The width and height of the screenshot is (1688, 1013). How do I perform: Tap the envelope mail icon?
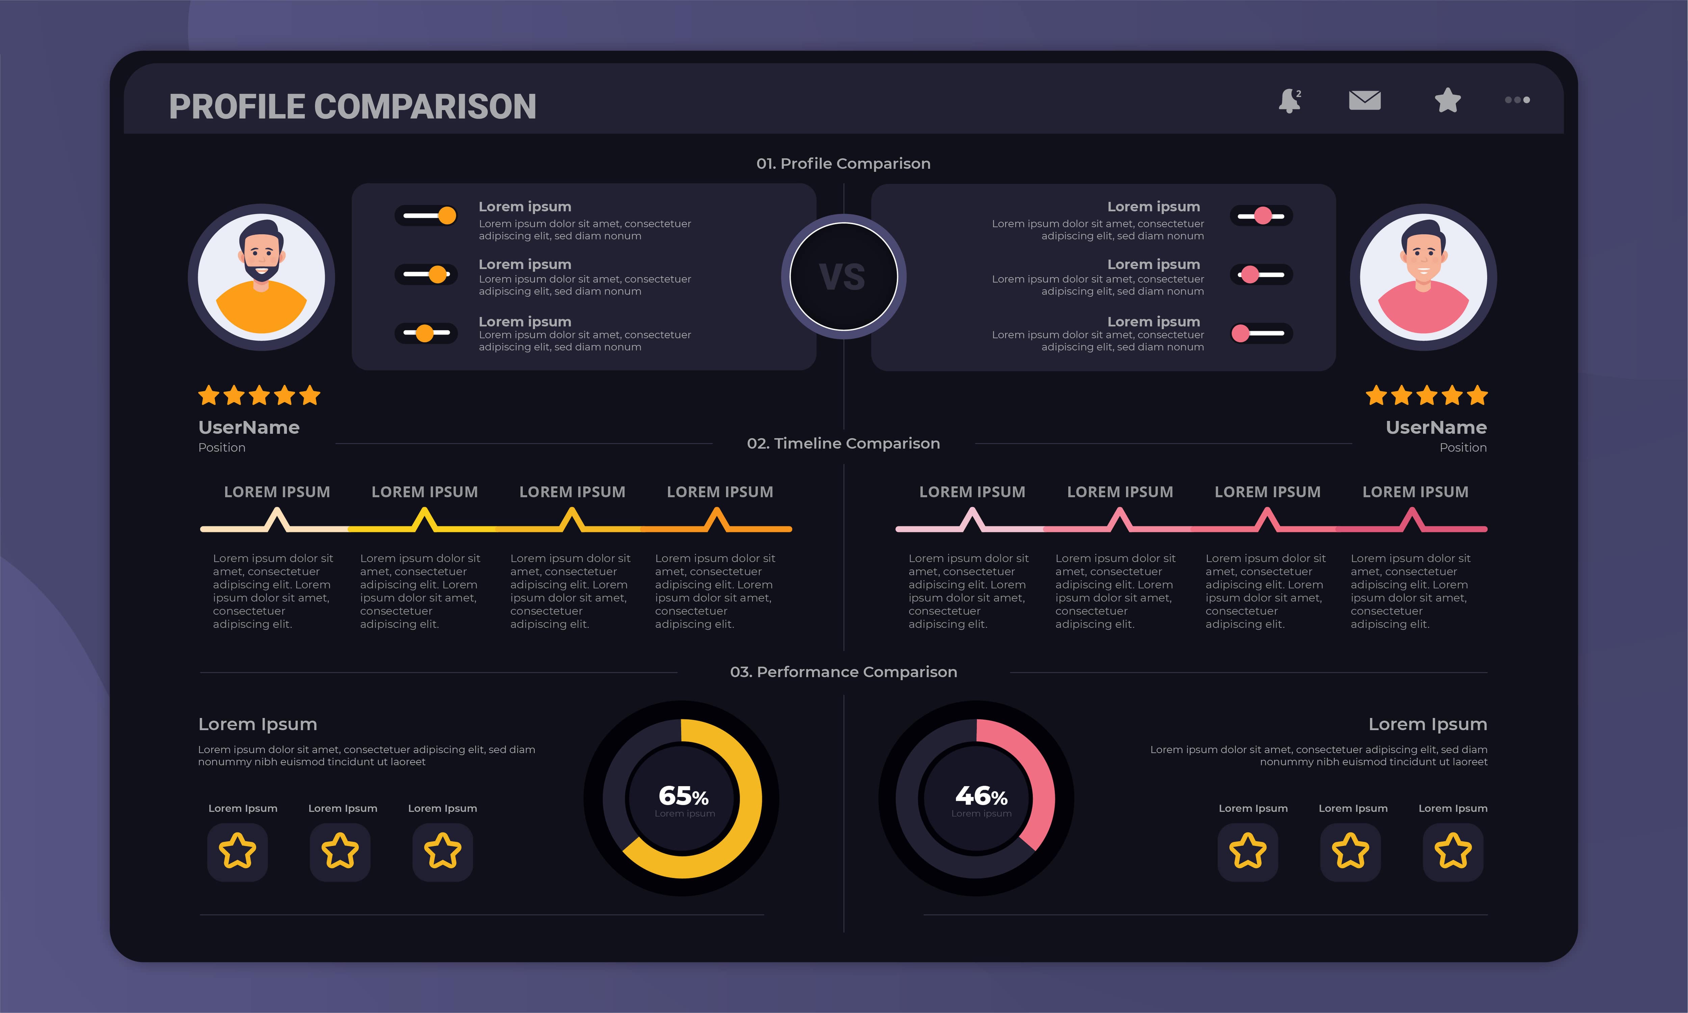tap(1365, 100)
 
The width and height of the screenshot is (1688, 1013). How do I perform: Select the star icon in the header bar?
tap(1447, 100)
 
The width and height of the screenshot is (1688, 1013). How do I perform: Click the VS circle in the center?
tap(843, 277)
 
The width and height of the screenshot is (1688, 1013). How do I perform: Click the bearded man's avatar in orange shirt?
tap(261, 277)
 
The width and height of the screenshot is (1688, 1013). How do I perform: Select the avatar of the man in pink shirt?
tap(1423, 277)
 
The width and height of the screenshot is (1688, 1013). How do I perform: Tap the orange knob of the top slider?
tap(447, 216)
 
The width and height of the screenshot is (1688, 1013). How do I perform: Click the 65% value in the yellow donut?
tap(683, 796)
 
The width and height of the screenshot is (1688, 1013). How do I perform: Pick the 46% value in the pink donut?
tap(980, 796)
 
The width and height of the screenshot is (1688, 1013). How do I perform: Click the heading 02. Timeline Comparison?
tap(843, 444)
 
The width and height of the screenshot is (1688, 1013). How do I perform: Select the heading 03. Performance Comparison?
tap(843, 672)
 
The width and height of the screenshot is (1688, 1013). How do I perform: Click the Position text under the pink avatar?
tap(1463, 448)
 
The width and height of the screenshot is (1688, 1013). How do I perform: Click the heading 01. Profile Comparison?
tap(843, 164)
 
